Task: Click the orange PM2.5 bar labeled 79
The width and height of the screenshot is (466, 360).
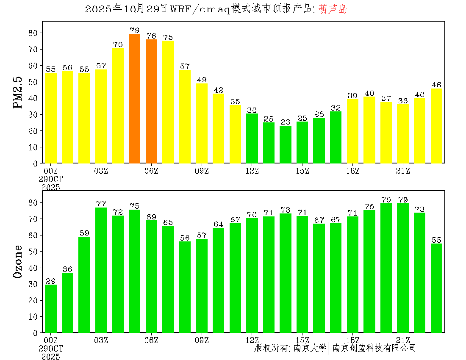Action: [134, 99]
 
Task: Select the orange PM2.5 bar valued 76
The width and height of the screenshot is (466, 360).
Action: [151, 101]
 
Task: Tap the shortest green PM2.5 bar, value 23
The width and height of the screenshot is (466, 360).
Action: [286, 144]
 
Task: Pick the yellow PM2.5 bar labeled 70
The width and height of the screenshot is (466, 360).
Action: [118, 105]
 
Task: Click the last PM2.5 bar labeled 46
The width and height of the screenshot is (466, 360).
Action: [436, 126]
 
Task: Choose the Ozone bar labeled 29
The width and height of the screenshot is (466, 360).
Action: [51, 308]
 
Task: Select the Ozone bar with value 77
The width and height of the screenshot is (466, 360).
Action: [101, 270]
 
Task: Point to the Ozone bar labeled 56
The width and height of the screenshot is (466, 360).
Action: [185, 287]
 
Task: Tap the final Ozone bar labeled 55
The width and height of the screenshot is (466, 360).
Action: [436, 288]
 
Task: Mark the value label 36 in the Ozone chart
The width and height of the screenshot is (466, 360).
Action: [67, 269]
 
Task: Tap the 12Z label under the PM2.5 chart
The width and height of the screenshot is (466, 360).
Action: [252, 171]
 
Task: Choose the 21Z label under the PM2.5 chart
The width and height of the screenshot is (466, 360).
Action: [403, 171]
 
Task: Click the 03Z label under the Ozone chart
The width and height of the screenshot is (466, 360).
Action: [101, 340]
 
